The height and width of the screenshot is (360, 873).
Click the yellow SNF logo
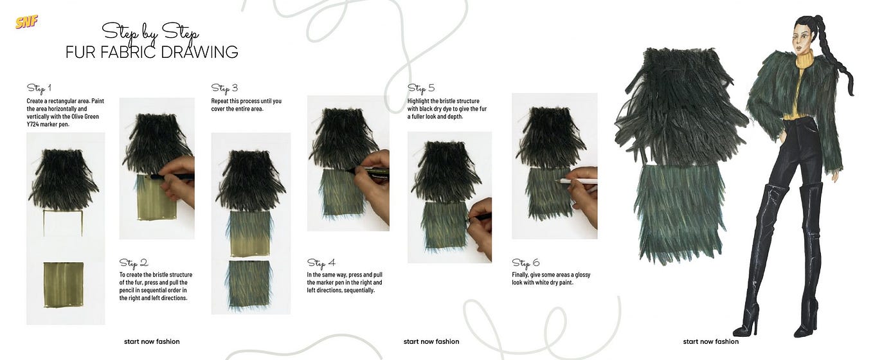click(x=26, y=22)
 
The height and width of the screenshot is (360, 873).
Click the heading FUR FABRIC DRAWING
click(x=152, y=52)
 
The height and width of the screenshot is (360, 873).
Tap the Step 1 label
click(x=39, y=88)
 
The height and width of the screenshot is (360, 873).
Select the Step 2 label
click(x=134, y=264)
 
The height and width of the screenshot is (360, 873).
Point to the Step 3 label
click(x=224, y=89)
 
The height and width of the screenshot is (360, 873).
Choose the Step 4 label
click(x=321, y=264)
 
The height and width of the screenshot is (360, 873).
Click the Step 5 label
click(x=421, y=89)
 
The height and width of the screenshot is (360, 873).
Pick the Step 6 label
click(x=526, y=264)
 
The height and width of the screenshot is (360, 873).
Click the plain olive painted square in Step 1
click(x=63, y=285)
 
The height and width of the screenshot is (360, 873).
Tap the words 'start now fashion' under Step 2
click(x=152, y=342)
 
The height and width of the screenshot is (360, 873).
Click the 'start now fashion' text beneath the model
click(x=710, y=342)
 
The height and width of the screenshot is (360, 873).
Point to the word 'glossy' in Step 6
click(x=582, y=275)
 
